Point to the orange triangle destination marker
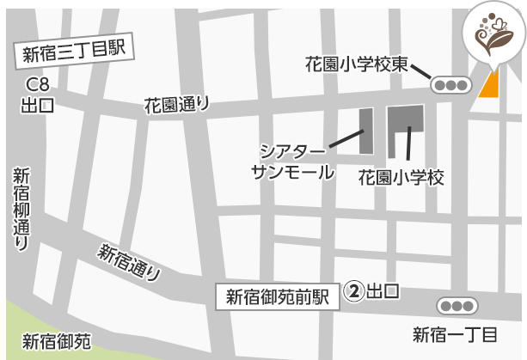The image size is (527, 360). click(489, 84)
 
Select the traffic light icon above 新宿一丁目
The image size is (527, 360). click(456, 305)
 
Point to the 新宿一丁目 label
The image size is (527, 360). click(456, 334)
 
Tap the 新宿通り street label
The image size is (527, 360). click(130, 262)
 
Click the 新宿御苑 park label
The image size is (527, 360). click(57, 340)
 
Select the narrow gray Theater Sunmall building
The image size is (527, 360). click(365, 131)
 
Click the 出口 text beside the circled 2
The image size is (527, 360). click(383, 291)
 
